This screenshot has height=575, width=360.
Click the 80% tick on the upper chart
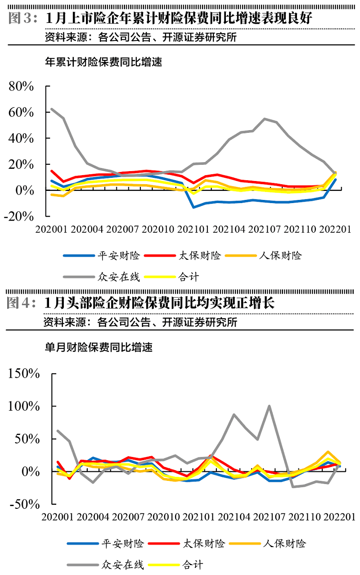22,86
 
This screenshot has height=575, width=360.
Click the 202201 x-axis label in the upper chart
334,229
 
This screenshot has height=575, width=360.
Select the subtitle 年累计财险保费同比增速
103,62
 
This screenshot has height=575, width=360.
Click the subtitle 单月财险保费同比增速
99,348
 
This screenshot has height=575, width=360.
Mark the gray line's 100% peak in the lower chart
269,406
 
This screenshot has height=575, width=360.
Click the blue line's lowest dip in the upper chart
193,207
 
